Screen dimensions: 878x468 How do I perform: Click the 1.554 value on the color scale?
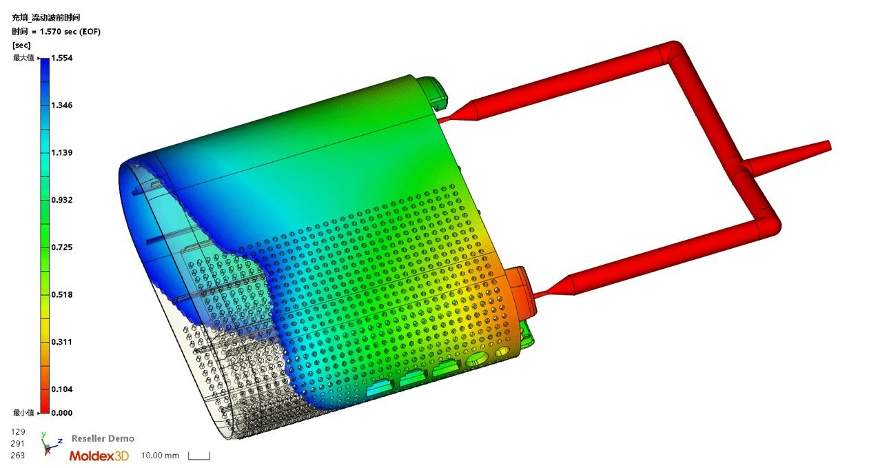[x=61, y=58]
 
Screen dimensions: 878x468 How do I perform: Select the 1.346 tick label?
[x=61, y=105]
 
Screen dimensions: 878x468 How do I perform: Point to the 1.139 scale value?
[x=61, y=152]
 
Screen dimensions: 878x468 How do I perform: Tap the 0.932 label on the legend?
[x=61, y=200]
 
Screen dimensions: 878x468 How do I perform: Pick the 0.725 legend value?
[x=61, y=247]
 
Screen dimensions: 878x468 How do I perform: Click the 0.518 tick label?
[x=61, y=295]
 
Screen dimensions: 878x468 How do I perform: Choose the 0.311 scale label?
[x=61, y=342]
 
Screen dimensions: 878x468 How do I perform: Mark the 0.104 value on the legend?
[x=61, y=389]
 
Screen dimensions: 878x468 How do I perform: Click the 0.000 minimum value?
[x=61, y=413]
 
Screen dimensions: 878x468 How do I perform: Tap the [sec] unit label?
[x=21, y=45]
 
